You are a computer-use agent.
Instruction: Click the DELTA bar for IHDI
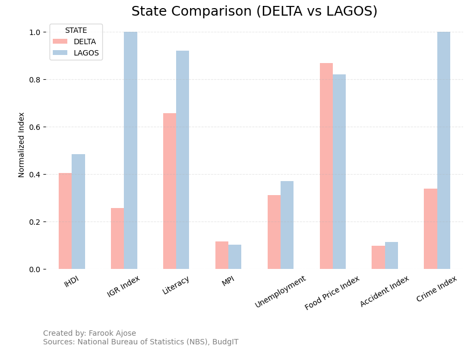65,221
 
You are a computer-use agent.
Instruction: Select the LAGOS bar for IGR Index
130,150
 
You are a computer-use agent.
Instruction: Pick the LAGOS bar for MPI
235,257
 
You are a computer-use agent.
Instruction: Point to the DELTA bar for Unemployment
274,232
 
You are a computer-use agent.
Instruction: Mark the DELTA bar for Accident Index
378,257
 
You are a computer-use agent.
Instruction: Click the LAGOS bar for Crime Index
443,150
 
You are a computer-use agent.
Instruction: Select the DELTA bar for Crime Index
430,229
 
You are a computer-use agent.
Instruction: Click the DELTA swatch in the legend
60,41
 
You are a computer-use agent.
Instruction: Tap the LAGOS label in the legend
86,53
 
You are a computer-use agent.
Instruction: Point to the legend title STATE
76,31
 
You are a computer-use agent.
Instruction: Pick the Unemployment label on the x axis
281,292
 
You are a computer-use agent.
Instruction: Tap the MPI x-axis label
228,282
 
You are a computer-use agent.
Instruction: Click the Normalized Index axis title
22,144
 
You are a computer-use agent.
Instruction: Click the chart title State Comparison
254,11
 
